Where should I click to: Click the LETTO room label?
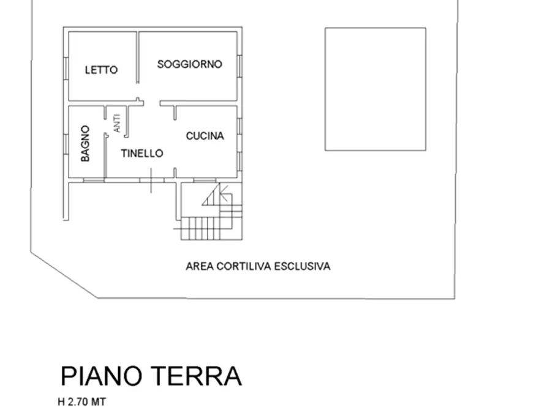[x=101, y=70]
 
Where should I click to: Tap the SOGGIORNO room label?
[x=189, y=64]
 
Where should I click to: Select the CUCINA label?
[x=205, y=136]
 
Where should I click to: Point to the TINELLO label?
[x=142, y=153]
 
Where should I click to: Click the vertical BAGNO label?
[x=85, y=144]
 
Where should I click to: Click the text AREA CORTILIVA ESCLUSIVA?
[x=258, y=266]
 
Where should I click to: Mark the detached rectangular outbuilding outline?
[x=375, y=89]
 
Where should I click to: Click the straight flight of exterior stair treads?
[x=203, y=228]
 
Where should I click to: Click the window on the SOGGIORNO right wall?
[x=240, y=66]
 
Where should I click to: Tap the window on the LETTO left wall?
[x=66, y=67]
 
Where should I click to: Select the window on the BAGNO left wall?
[x=66, y=144]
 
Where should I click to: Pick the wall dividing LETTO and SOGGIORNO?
[x=138, y=58]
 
